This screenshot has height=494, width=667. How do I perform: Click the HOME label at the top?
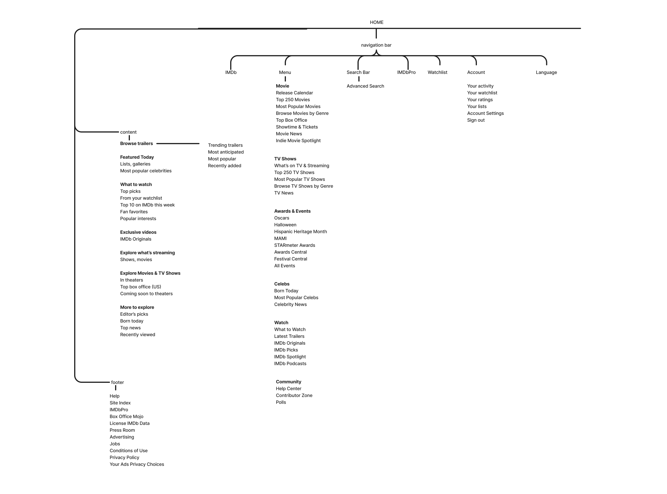click(x=377, y=22)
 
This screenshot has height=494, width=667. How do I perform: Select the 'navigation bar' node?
click(x=376, y=45)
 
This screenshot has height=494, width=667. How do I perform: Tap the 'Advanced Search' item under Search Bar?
click(x=365, y=86)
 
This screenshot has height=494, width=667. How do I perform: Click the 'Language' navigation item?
click(x=546, y=72)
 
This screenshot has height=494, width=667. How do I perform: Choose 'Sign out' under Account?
click(x=476, y=120)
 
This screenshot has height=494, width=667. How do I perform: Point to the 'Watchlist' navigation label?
click(x=437, y=72)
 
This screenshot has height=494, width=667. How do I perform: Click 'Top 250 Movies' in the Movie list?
click(x=292, y=100)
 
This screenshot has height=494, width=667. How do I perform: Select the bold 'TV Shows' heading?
click(x=285, y=159)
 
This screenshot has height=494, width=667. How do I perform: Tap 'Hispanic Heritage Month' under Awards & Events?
click(x=300, y=232)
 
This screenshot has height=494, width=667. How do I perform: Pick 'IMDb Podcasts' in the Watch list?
click(x=290, y=364)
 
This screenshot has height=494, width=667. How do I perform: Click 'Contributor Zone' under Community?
click(x=294, y=395)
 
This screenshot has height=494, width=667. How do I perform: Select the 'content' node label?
click(x=128, y=132)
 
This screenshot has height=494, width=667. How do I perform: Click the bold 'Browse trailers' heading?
click(x=136, y=144)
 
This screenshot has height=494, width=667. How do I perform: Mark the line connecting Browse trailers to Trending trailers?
click(x=178, y=144)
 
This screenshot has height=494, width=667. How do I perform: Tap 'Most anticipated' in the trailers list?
click(x=226, y=152)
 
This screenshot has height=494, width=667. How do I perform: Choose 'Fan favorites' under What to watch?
click(x=134, y=212)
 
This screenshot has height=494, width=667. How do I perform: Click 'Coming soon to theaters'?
click(x=146, y=294)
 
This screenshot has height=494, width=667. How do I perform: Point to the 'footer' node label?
click(x=117, y=383)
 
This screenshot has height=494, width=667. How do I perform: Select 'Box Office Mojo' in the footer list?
click(x=126, y=417)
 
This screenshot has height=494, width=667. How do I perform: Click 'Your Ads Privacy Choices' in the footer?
click(x=137, y=464)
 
